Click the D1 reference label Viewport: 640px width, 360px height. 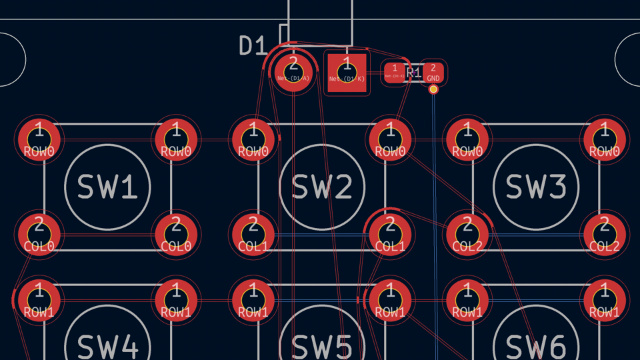[253, 46]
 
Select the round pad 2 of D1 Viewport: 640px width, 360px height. [293, 71]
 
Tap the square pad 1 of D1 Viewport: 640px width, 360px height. [347, 72]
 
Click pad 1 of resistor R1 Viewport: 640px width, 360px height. [395, 72]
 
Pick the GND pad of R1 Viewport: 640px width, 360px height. [433, 72]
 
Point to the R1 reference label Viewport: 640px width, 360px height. [413, 73]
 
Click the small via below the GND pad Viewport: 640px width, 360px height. [433, 89]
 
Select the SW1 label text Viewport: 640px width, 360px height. [108, 187]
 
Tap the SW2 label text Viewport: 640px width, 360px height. [322, 187]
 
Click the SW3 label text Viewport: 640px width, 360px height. [536, 187]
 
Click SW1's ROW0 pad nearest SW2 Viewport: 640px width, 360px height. [177, 140]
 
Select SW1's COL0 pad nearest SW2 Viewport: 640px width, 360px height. [177, 234]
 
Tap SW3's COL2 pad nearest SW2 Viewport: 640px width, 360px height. [467, 234]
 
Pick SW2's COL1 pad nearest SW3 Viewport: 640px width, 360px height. [390, 234]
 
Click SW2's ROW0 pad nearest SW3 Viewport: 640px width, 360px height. [390, 140]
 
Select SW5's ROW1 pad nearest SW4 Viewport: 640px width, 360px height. [253, 300]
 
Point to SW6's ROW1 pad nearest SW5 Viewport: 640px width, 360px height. [467, 300]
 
